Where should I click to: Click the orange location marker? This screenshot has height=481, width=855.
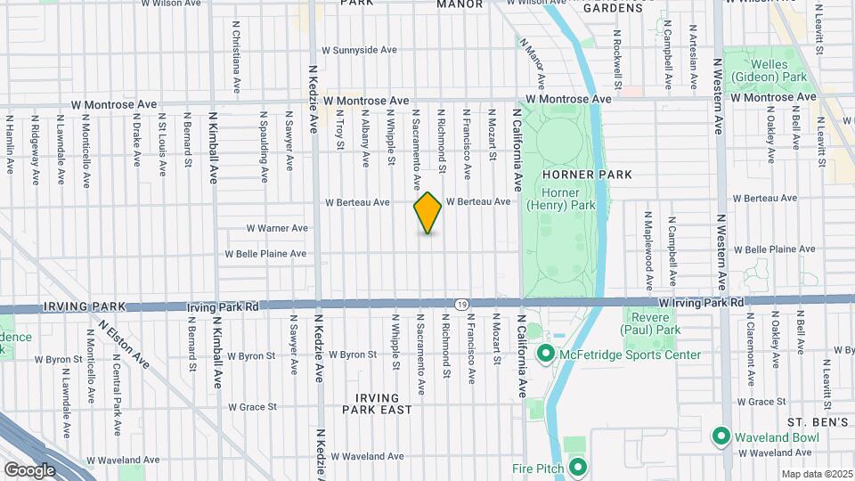(427, 213)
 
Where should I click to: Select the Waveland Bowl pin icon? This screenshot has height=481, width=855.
(721, 436)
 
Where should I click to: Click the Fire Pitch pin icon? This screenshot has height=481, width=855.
(577, 467)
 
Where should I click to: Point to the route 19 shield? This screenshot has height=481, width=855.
(460, 305)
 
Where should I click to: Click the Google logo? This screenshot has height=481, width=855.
(29, 469)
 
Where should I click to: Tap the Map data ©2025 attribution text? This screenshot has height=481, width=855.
(817, 474)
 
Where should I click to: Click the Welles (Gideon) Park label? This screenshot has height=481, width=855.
(769, 70)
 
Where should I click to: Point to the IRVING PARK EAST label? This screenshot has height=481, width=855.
(379, 403)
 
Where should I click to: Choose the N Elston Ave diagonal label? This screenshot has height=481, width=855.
(124, 345)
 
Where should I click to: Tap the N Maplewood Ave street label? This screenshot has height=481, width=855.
(649, 252)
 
